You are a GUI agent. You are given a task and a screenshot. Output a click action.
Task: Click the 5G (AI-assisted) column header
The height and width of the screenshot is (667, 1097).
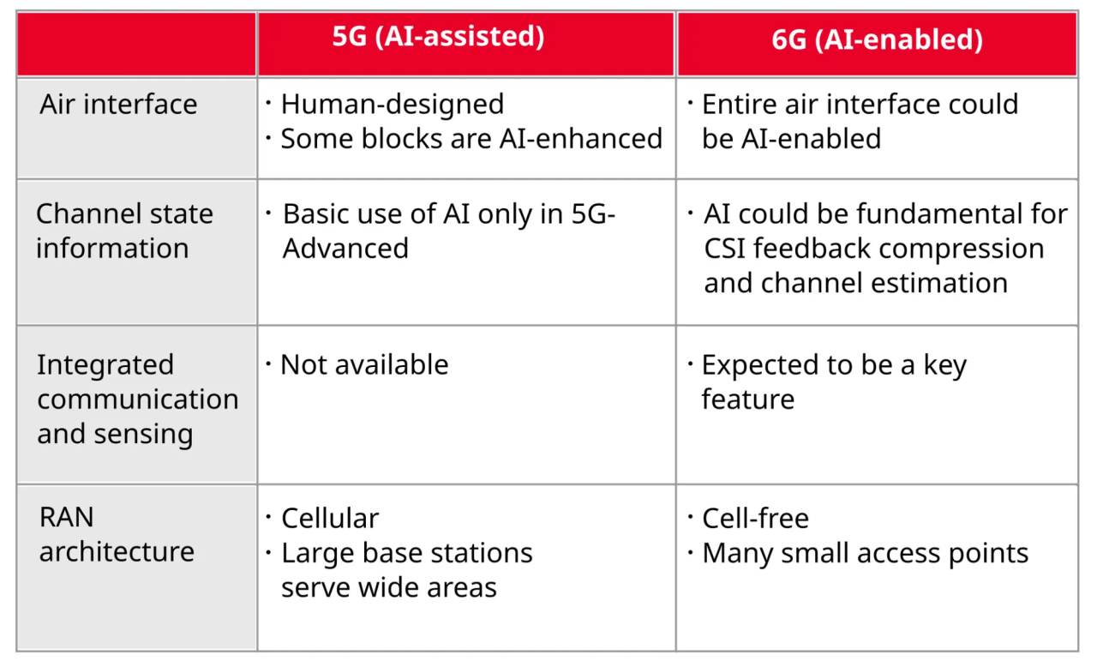tap(438, 37)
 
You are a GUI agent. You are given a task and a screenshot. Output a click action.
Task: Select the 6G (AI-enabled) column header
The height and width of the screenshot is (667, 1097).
tap(877, 39)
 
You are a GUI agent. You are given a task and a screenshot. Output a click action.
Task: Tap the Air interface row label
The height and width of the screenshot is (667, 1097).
tap(118, 105)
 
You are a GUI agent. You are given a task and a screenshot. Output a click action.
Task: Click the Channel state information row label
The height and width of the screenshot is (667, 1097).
tap(124, 231)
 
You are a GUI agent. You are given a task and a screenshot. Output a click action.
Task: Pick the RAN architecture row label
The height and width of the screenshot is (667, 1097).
tap(117, 534)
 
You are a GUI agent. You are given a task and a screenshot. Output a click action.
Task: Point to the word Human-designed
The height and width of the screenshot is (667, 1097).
tap(393, 105)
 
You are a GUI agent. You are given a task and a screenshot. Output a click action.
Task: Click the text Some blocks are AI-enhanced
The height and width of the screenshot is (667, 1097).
tap(471, 139)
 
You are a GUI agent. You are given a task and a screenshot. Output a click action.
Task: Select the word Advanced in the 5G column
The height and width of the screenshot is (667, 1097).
tap(345, 249)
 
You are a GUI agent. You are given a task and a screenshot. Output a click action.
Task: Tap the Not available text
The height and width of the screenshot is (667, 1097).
tap(364, 365)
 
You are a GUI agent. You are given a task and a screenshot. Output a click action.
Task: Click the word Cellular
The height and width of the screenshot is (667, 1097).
tap(330, 518)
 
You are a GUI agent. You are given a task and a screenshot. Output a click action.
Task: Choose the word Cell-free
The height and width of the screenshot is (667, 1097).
tap(755, 518)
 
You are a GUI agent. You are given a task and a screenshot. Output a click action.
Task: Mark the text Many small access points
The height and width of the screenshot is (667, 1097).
tap(866, 553)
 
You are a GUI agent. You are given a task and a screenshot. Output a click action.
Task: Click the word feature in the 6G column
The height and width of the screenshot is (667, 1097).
tap(748, 400)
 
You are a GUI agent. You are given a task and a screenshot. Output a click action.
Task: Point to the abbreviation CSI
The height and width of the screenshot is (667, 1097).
tap(724, 249)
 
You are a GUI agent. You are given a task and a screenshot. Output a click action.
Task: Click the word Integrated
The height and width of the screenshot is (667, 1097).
tap(105, 365)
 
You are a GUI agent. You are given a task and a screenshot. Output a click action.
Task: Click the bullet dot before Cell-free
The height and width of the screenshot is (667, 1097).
tap(690, 517)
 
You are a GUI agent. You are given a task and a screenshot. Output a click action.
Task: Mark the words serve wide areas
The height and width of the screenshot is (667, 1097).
tap(389, 587)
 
